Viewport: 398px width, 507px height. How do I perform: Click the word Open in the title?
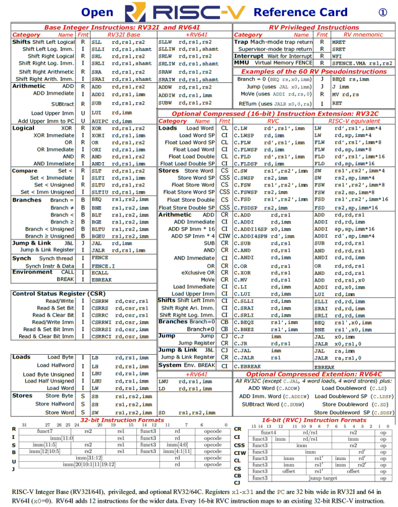point(97,12)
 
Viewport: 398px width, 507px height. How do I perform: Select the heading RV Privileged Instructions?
point(312,28)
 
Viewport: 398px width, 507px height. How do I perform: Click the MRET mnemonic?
point(339,41)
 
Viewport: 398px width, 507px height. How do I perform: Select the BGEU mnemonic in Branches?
point(98,236)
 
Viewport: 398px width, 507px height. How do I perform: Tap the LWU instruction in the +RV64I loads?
point(164,382)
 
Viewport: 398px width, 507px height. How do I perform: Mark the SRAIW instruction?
point(167,79)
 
